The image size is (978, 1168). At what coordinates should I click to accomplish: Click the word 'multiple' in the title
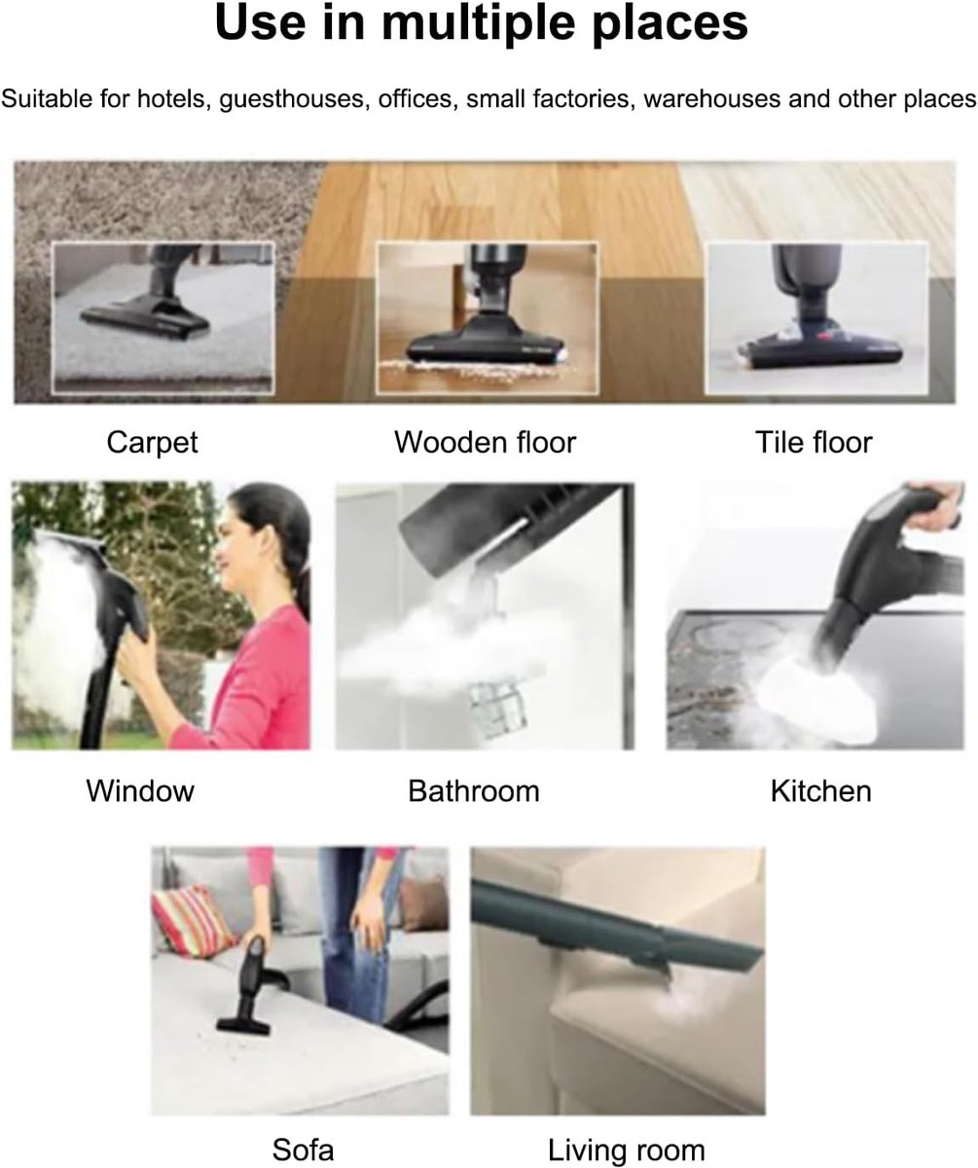point(479,23)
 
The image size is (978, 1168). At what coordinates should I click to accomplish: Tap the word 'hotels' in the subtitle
point(173,99)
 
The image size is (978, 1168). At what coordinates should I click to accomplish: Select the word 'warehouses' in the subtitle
point(711,99)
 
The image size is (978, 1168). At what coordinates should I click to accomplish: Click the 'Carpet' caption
point(152,443)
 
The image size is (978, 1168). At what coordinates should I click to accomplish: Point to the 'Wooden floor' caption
point(485,442)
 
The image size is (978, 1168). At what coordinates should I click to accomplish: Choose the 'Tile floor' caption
point(814,442)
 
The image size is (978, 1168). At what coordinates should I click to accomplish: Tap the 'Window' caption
point(140,791)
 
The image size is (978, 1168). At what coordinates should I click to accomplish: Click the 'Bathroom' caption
point(474,791)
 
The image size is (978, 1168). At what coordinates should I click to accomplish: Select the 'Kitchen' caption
point(821,791)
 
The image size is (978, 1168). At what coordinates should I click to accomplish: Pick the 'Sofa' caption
point(303,1150)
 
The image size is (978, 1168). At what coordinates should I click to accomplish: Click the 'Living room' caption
point(627,1151)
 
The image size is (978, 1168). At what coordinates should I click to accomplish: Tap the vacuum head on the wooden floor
point(485,343)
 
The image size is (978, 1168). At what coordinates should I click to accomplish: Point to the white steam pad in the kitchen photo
point(817,698)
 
